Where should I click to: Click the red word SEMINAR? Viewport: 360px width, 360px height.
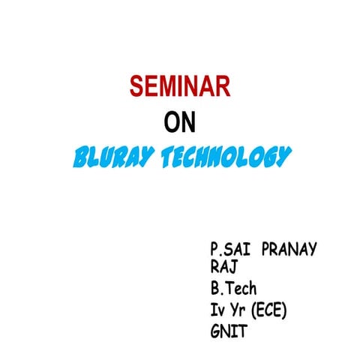tap(179, 87)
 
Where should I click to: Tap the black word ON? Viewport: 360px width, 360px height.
tap(179, 122)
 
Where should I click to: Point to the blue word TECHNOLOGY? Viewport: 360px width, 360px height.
tap(225, 157)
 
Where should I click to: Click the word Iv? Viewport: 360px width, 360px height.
tap(218, 310)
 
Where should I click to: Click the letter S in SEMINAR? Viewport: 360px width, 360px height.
tap(136, 87)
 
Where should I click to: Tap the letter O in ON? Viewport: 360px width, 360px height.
tap(171, 122)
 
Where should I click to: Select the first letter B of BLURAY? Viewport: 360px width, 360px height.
tap(79, 157)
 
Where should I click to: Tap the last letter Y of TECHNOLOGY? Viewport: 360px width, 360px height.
tap(282, 157)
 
